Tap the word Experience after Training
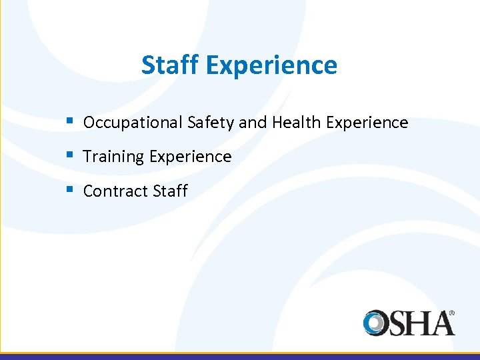(x=190, y=157)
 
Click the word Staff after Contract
(x=170, y=191)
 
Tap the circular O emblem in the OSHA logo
(x=376, y=323)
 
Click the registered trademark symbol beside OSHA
(x=451, y=312)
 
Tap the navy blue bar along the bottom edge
(x=240, y=357)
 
